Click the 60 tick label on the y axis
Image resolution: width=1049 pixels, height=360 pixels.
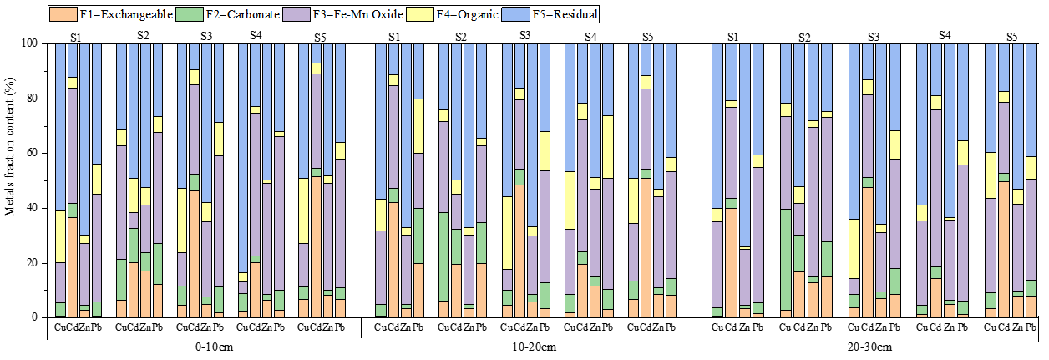tap(33, 153)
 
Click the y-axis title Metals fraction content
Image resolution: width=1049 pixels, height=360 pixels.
tap(10, 180)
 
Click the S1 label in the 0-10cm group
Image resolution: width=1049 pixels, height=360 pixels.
tap(76, 37)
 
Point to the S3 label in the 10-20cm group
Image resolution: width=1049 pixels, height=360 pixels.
tap(525, 35)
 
